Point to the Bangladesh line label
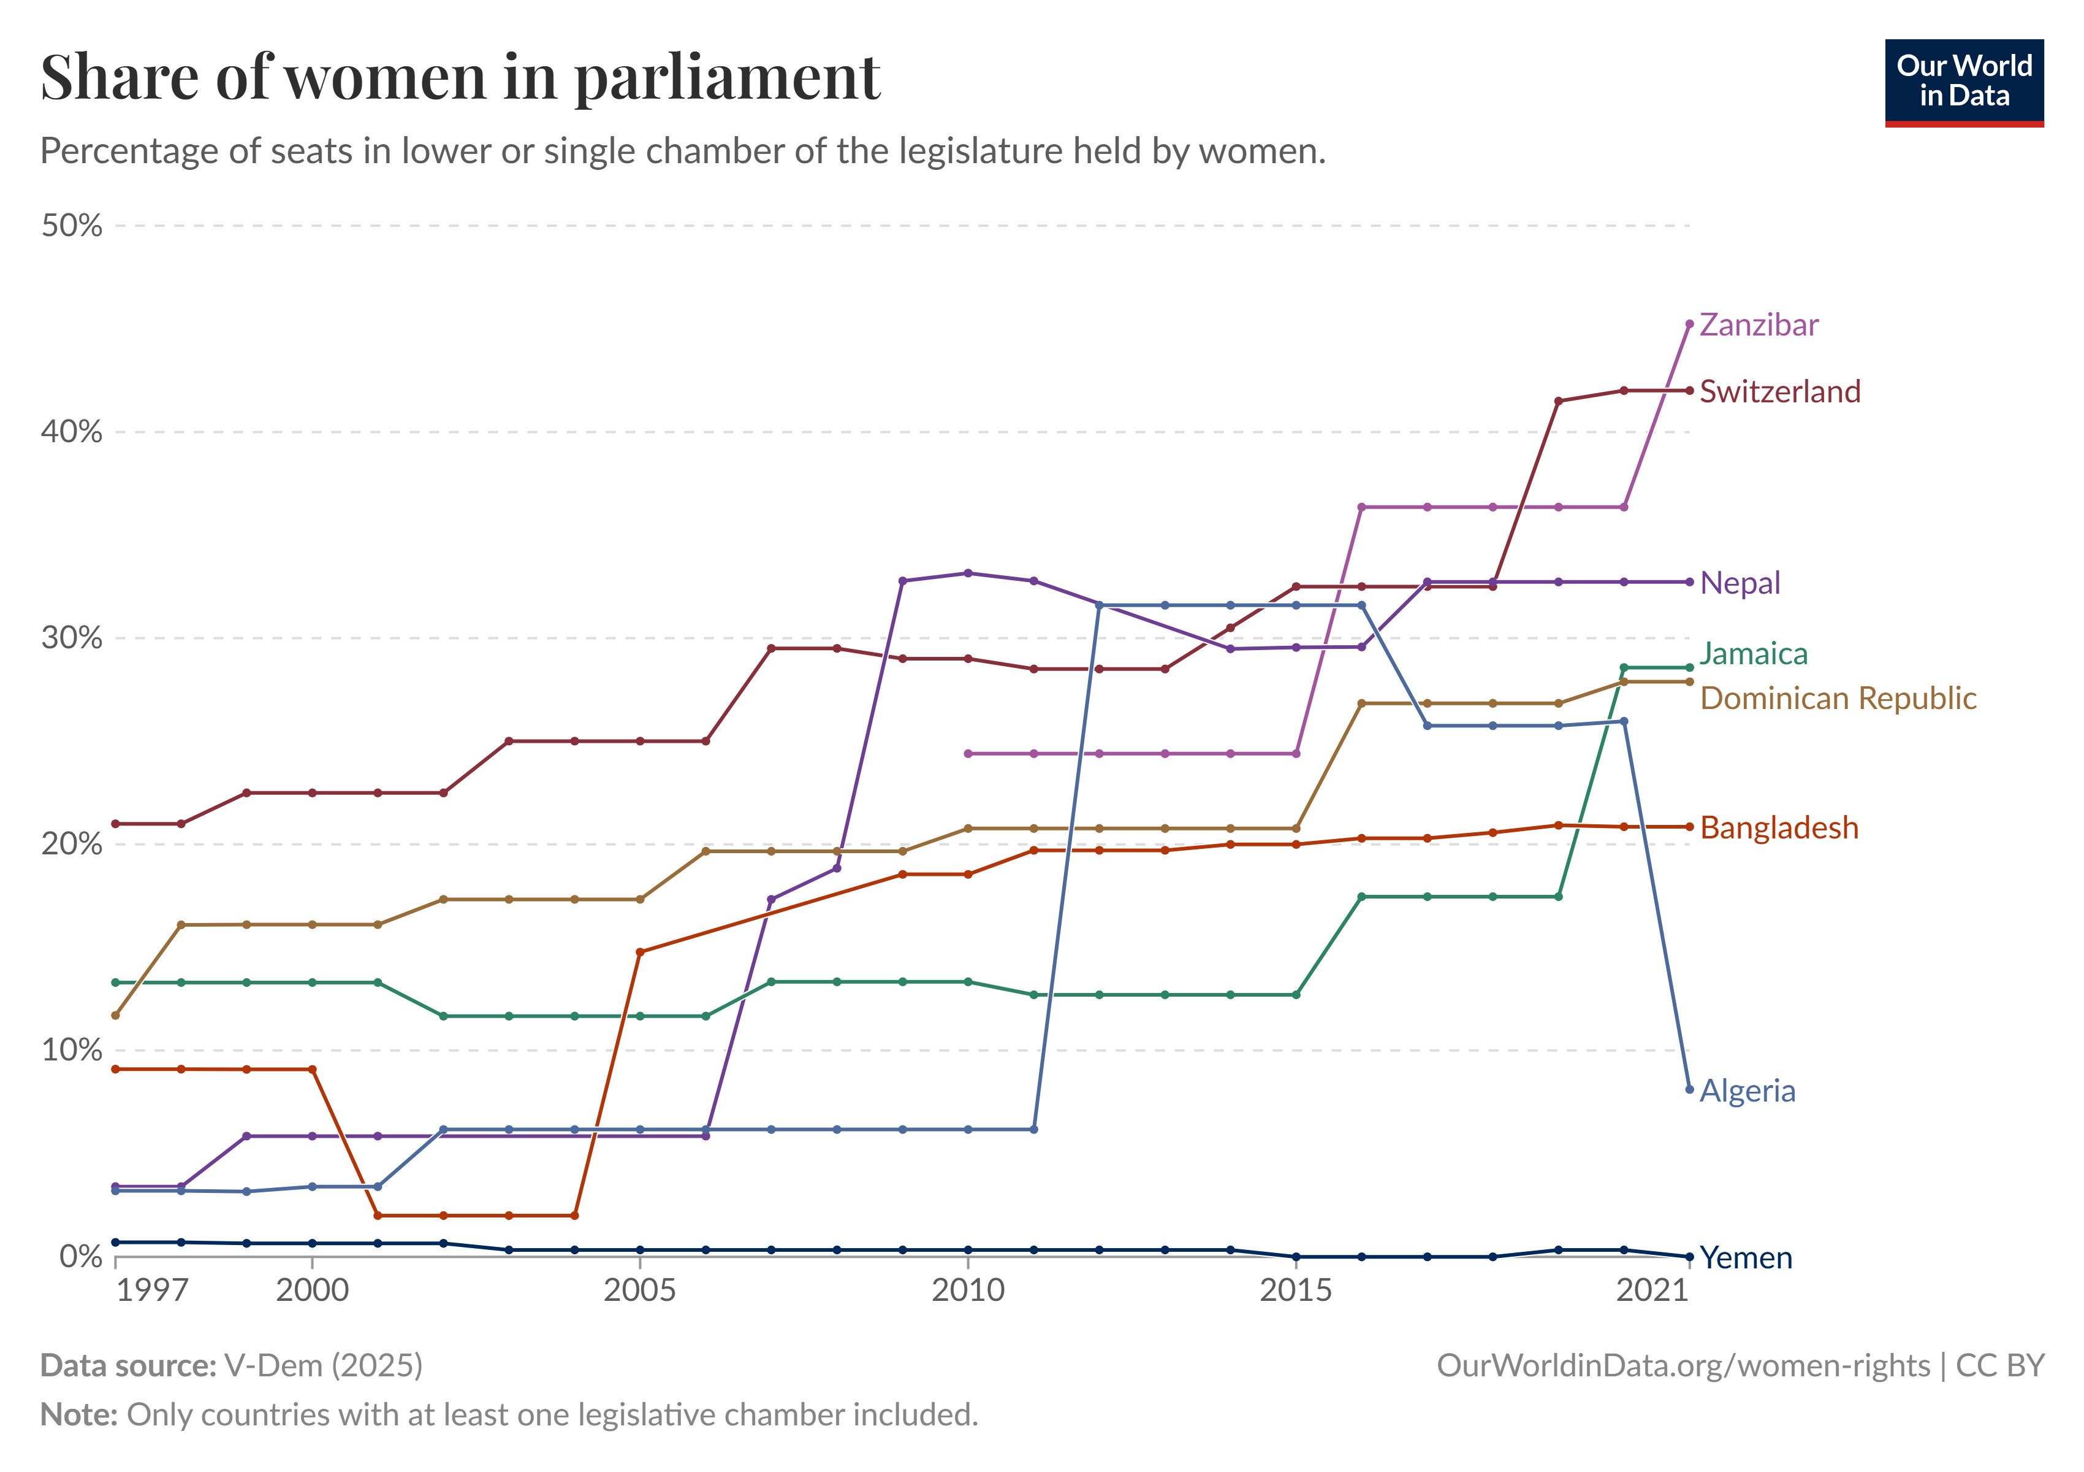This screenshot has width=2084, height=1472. click(1778, 827)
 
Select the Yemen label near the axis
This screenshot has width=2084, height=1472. click(1746, 1258)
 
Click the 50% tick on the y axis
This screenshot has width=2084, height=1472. click(72, 225)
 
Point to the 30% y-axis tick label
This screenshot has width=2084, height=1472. click(72, 637)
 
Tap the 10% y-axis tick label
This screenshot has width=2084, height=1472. click(72, 1050)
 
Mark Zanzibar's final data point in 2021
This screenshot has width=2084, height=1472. click(1689, 324)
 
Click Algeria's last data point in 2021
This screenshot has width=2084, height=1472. click(1689, 1089)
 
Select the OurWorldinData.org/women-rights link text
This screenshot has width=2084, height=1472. click(1683, 1366)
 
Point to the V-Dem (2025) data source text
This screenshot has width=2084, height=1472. click(323, 1366)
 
